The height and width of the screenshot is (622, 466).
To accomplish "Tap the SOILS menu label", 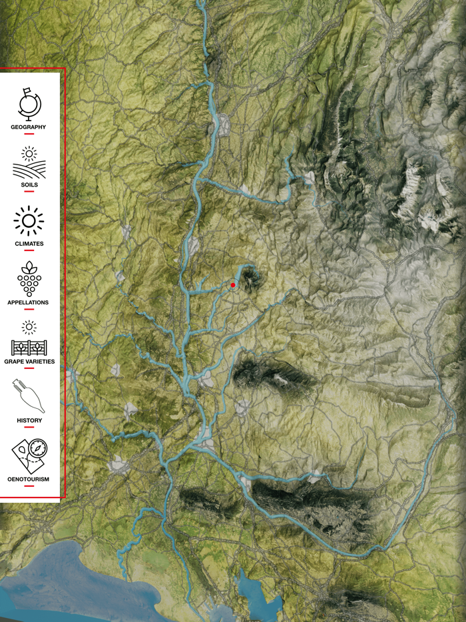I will pos(29,184).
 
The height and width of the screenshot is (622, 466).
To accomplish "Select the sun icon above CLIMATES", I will pos(29,220).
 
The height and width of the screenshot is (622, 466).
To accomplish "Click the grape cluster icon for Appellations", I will pos(29,278).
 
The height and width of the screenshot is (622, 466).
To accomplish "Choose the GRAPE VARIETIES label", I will pos(29,362).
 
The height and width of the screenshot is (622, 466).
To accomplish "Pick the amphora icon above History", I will pos(29,396).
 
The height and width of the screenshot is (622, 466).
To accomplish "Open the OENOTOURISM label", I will pos(29,479).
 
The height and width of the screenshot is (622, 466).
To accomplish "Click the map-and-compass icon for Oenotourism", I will pos(29,454).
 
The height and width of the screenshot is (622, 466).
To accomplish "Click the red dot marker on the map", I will pos(233,285).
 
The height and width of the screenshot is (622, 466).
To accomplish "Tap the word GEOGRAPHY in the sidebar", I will pos(29,127).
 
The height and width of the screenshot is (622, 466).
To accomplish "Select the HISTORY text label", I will pos(29,420).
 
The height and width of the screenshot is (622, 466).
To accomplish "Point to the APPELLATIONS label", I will pos(29,302).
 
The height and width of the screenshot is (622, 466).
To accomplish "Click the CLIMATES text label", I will pos(29,244).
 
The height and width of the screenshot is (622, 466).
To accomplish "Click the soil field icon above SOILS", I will pos(29,164).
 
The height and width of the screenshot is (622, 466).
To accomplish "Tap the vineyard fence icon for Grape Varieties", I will pos(29,342).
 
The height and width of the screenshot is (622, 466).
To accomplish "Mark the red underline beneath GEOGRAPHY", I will pos(29,133).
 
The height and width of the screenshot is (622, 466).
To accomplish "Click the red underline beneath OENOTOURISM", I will pos(29,486).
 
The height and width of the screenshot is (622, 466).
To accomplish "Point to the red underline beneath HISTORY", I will pos(29,428).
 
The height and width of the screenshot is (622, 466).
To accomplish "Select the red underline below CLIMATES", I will pos(29,251).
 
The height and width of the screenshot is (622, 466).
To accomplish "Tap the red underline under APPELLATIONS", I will pos(29,310).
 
